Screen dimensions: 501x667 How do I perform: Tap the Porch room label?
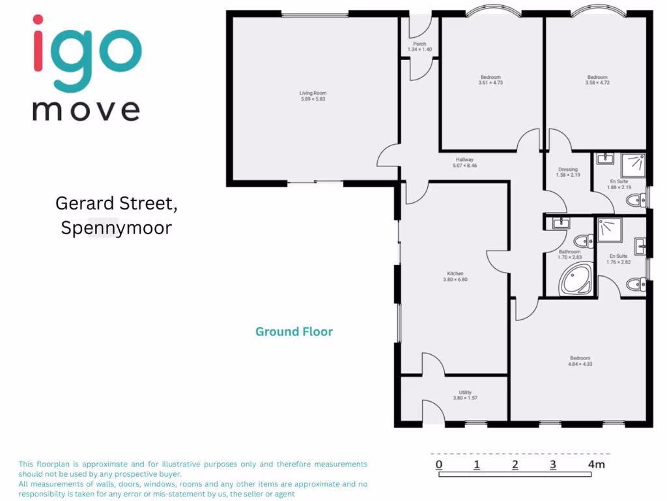[419, 44]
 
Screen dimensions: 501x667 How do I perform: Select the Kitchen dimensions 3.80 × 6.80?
[455, 280]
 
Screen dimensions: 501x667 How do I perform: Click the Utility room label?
[465, 392]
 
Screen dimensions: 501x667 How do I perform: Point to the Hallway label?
[464, 160]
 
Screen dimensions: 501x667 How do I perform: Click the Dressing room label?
[567, 170]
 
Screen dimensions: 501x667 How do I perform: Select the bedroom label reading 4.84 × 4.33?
[580, 364]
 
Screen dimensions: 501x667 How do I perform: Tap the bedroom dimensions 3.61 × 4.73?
[490, 83]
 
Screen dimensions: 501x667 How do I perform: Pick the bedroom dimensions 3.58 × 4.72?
[597, 83]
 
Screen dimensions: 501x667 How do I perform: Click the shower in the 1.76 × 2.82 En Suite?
[610, 229]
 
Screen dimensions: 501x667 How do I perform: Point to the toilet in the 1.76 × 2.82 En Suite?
[636, 284]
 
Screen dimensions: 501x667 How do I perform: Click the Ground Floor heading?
[294, 331]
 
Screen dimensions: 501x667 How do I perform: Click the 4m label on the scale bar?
[596, 464]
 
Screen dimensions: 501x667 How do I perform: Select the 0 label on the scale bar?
[440, 464]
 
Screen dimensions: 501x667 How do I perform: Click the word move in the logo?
[86, 110]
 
